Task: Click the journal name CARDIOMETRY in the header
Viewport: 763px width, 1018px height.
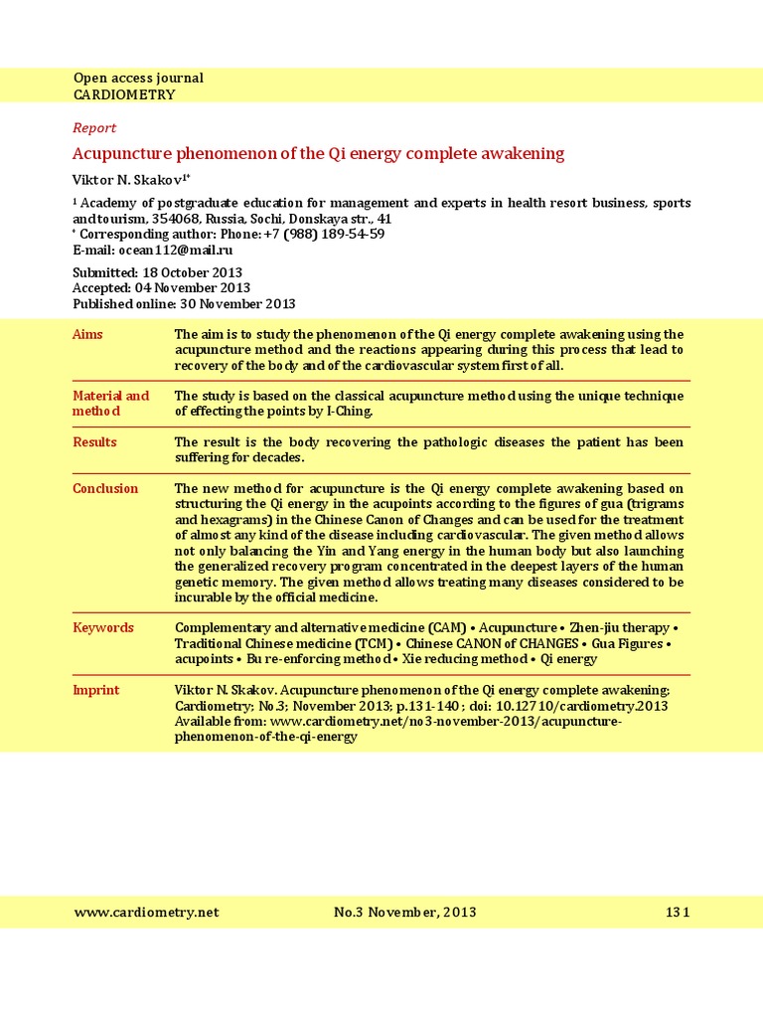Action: pyautogui.click(x=124, y=94)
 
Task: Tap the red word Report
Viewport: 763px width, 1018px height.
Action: pyautogui.click(x=94, y=127)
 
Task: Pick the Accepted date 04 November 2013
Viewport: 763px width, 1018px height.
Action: pyautogui.click(x=198, y=288)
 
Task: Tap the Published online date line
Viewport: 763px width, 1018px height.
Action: pyautogui.click(x=184, y=304)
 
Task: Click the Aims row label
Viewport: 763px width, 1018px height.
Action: pyautogui.click(x=87, y=334)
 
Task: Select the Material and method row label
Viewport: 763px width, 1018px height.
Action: pyautogui.click(x=110, y=403)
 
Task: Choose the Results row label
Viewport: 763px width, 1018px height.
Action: pyautogui.click(x=94, y=441)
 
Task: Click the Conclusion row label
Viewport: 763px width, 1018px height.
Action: pyautogui.click(x=104, y=488)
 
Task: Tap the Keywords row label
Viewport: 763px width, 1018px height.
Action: pyautogui.click(x=102, y=627)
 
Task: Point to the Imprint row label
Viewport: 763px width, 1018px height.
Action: pyautogui.click(x=95, y=690)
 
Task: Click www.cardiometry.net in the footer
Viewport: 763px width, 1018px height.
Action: pyautogui.click(x=146, y=912)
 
